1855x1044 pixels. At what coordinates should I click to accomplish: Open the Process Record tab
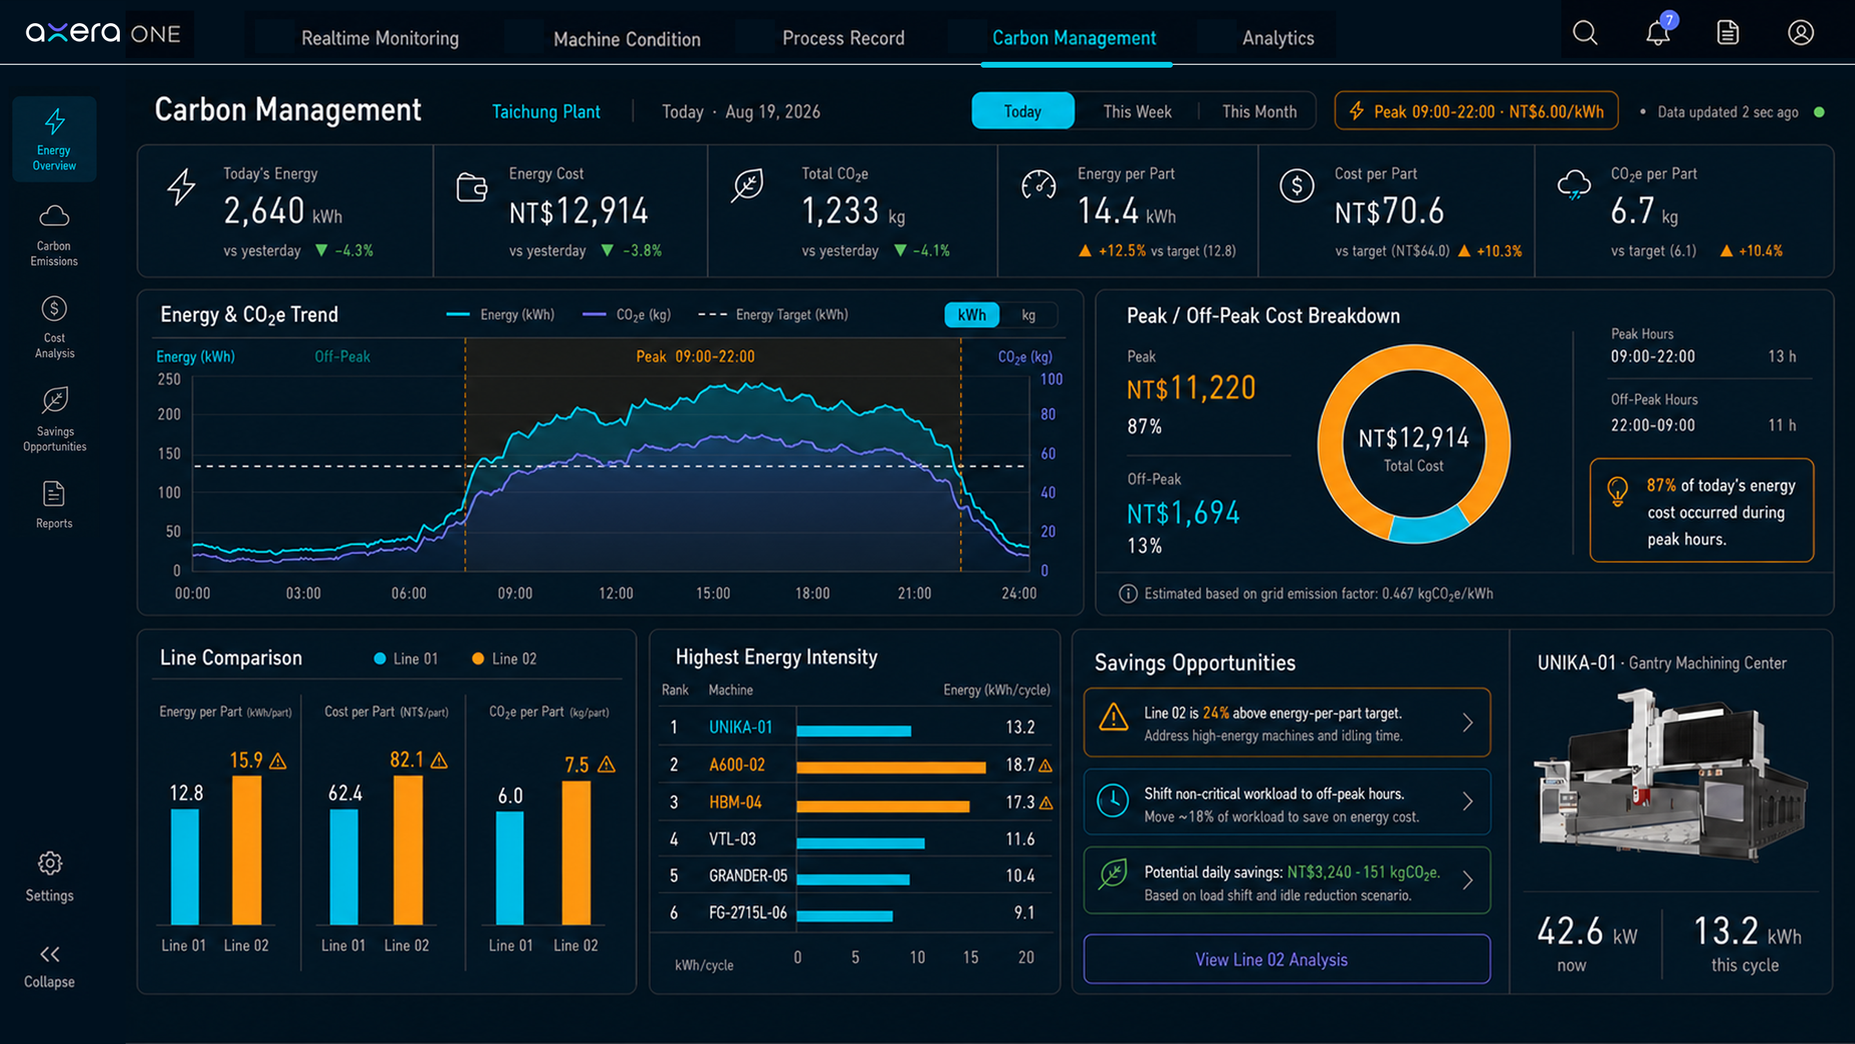(842, 38)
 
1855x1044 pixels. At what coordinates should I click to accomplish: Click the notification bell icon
(1658, 32)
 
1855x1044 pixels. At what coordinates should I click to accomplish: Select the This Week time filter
(1137, 111)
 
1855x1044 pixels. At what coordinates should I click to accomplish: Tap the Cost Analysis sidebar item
(55, 327)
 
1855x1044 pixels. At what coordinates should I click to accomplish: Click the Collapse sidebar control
(49, 966)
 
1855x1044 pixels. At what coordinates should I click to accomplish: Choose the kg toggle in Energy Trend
(1029, 315)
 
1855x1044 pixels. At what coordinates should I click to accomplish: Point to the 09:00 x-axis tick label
(515, 593)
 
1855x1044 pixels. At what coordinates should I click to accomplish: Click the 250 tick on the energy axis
(169, 379)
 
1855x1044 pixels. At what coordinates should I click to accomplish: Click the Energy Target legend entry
(774, 315)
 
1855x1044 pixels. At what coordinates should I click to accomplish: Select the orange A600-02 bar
(891, 768)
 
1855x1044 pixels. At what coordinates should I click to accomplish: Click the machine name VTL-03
(732, 838)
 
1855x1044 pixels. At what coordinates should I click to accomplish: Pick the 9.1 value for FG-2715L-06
(1024, 912)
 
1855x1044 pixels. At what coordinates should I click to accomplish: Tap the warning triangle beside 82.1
(439, 760)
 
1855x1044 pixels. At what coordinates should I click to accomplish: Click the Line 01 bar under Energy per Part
(184, 867)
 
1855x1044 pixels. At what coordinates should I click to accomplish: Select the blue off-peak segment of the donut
(1429, 525)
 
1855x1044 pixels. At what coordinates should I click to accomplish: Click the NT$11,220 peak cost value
(1191, 389)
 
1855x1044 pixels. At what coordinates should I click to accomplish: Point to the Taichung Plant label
(546, 111)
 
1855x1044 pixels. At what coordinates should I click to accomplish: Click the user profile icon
(1800, 32)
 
